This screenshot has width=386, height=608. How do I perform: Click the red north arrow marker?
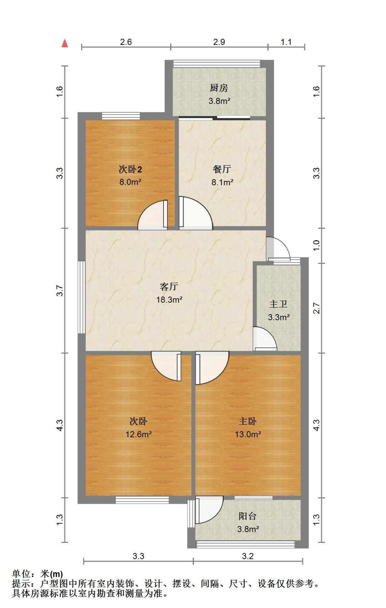pos(65,43)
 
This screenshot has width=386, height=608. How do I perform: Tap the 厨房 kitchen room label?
pos(219,88)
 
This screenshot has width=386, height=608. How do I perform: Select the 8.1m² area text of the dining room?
pos(222,183)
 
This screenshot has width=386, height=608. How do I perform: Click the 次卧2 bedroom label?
pos(130,169)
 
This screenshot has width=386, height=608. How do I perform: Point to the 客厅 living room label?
pos(169,287)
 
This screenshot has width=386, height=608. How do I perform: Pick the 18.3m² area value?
pos(169,300)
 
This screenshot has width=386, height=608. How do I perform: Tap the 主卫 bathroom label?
pos(278,304)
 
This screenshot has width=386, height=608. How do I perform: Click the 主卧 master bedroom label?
pos(248,421)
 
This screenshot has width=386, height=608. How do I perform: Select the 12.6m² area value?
pos(138,434)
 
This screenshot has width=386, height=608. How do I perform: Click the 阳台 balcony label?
pos(248,516)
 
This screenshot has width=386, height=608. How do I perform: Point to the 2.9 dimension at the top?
pos(219,42)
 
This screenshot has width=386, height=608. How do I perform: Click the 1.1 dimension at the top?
pos(286,42)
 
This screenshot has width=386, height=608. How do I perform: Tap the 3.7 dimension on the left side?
pos(60,291)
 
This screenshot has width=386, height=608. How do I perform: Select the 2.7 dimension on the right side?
pos(316,308)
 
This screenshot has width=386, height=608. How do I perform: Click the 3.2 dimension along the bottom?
pos(248,556)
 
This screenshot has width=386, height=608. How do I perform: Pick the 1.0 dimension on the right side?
pos(316,245)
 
